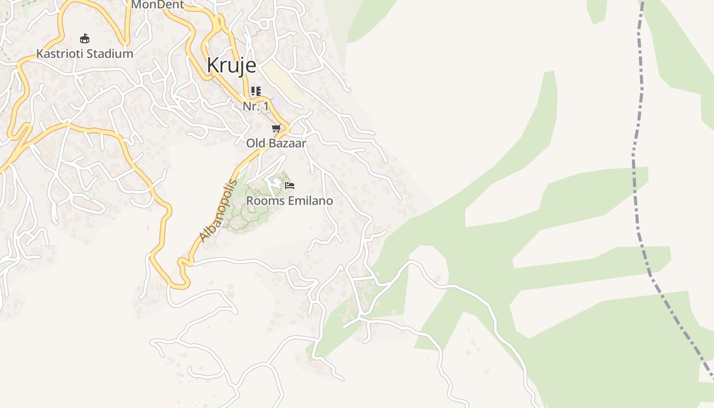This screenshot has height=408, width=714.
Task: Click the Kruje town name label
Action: (231, 66)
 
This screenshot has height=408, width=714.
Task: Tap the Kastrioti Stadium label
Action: (85, 54)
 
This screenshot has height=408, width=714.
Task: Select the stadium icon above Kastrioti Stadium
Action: (85, 38)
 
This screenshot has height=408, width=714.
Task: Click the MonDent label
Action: (157, 5)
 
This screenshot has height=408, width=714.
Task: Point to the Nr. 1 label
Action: (256, 106)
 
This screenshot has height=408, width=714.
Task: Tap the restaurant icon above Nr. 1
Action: (256, 92)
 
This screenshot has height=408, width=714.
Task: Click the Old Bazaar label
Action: (276, 143)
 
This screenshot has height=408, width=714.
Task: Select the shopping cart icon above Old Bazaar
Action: (276, 129)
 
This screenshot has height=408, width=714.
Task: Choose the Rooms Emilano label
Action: (289, 200)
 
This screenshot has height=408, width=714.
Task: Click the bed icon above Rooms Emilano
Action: (290, 186)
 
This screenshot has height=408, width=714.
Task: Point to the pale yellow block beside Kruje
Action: (279, 79)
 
